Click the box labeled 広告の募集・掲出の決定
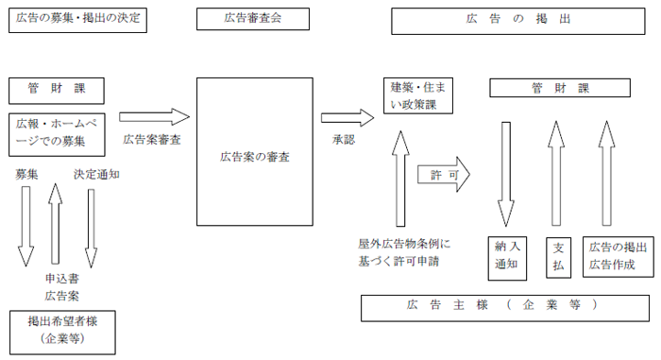[76, 21]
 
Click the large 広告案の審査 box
[254, 155]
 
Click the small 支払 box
[557, 255]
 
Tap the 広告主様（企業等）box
[505, 307]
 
